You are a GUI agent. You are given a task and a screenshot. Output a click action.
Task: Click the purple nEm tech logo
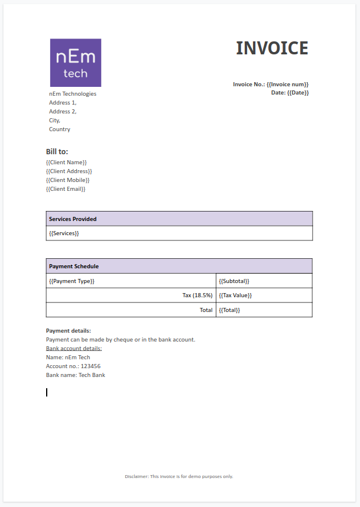pyautogui.click(x=76, y=63)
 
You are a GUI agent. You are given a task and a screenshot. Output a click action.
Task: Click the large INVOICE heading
pyautogui.click(x=272, y=48)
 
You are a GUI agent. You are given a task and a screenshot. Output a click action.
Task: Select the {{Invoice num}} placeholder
pyautogui.click(x=287, y=84)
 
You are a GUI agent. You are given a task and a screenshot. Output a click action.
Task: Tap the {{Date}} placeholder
pyautogui.click(x=298, y=93)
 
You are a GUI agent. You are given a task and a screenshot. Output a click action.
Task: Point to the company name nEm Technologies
pyautogui.click(x=73, y=94)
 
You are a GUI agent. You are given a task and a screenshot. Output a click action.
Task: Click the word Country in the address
pyautogui.click(x=60, y=129)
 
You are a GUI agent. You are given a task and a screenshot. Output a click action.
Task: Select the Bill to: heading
pyautogui.click(x=57, y=152)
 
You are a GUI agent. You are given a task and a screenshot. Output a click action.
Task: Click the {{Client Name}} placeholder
pyautogui.click(x=66, y=162)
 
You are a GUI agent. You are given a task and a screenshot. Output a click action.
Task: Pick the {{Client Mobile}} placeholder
pyautogui.click(x=68, y=180)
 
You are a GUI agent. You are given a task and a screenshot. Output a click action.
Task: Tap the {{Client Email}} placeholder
pyautogui.click(x=66, y=189)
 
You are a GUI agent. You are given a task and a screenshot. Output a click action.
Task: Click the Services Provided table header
pyautogui.click(x=73, y=219)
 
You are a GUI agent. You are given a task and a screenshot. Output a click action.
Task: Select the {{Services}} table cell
pyautogui.click(x=64, y=233)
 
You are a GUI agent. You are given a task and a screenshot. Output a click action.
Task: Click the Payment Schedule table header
pyautogui.click(x=74, y=266)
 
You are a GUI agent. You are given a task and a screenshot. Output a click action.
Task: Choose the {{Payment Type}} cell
pyautogui.click(x=72, y=281)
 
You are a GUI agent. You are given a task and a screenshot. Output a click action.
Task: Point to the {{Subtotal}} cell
pyautogui.click(x=234, y=281)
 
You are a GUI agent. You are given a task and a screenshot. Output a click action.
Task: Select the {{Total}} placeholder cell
pyautogui.click(x=229, y=310)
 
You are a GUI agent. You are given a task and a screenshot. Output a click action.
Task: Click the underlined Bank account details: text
pyautogui.click(x=74, y=349)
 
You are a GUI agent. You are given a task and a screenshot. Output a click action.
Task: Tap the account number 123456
pyautogui.click(x=91, y=366)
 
